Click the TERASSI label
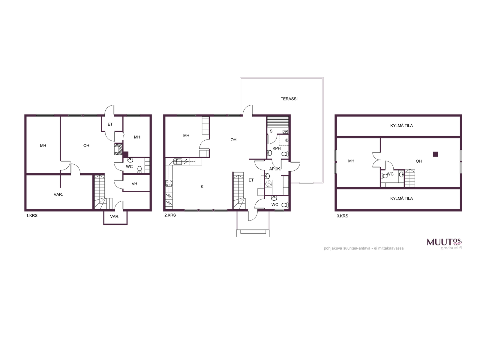click(289, 99)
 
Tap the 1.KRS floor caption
click(32, 215)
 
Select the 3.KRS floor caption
click(342, 216)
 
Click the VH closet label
click(134, 184)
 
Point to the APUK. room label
click(275, 169)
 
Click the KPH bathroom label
click(276, 148)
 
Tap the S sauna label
click(271, 131)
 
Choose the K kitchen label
click(202, 187)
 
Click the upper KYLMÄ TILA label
click(401, 126)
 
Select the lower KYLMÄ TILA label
click(401, 199)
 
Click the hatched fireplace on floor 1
click(118, 149)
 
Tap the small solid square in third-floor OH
click(435, 154)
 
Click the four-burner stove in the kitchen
click(169, 183)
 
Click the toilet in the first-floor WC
click(139, 169)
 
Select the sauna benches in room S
click(278, 124)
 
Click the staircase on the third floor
click(409, 178)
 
